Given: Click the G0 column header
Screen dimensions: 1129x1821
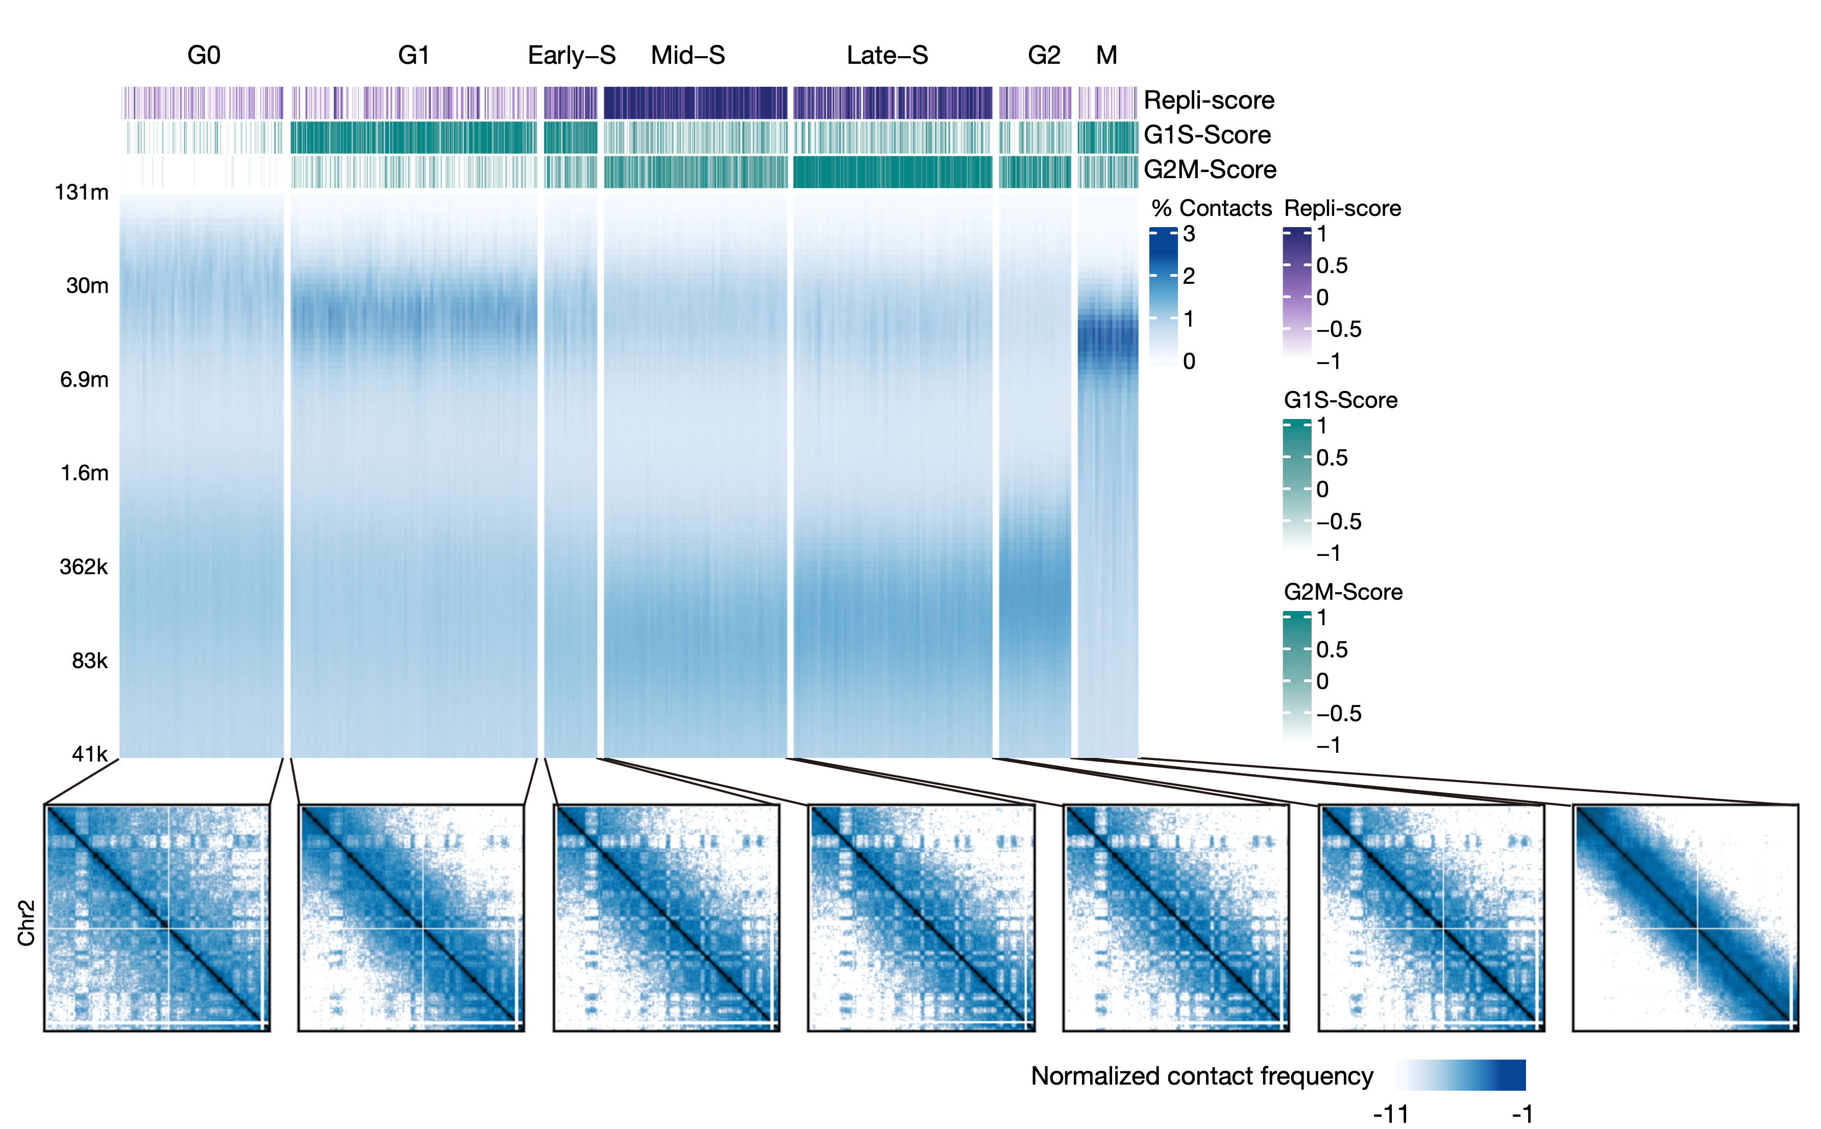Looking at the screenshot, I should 203,55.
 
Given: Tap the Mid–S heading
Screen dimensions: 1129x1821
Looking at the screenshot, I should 687,55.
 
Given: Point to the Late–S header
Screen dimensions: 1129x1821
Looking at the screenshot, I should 887,55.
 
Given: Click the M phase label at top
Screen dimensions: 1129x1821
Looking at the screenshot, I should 1106,55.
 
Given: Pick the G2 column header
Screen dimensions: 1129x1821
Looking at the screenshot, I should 1044,55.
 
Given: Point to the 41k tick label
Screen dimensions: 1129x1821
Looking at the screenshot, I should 90,754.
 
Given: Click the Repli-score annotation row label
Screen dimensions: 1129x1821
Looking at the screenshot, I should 1209,100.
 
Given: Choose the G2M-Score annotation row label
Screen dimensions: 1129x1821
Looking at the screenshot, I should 1210,169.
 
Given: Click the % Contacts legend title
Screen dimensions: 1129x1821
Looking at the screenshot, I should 1211,208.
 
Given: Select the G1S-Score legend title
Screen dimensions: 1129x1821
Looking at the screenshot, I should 1340,400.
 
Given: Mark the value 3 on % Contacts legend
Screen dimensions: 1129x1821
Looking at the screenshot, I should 1189,234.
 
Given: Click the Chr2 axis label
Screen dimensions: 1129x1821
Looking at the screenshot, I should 26,923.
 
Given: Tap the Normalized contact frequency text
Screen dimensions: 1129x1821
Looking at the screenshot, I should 1202,1076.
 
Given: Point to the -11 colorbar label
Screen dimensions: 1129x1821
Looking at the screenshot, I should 1390,1115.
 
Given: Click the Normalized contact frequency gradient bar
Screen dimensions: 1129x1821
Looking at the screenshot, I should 1460,1075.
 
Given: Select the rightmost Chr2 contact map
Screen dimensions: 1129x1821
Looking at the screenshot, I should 1685,918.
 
